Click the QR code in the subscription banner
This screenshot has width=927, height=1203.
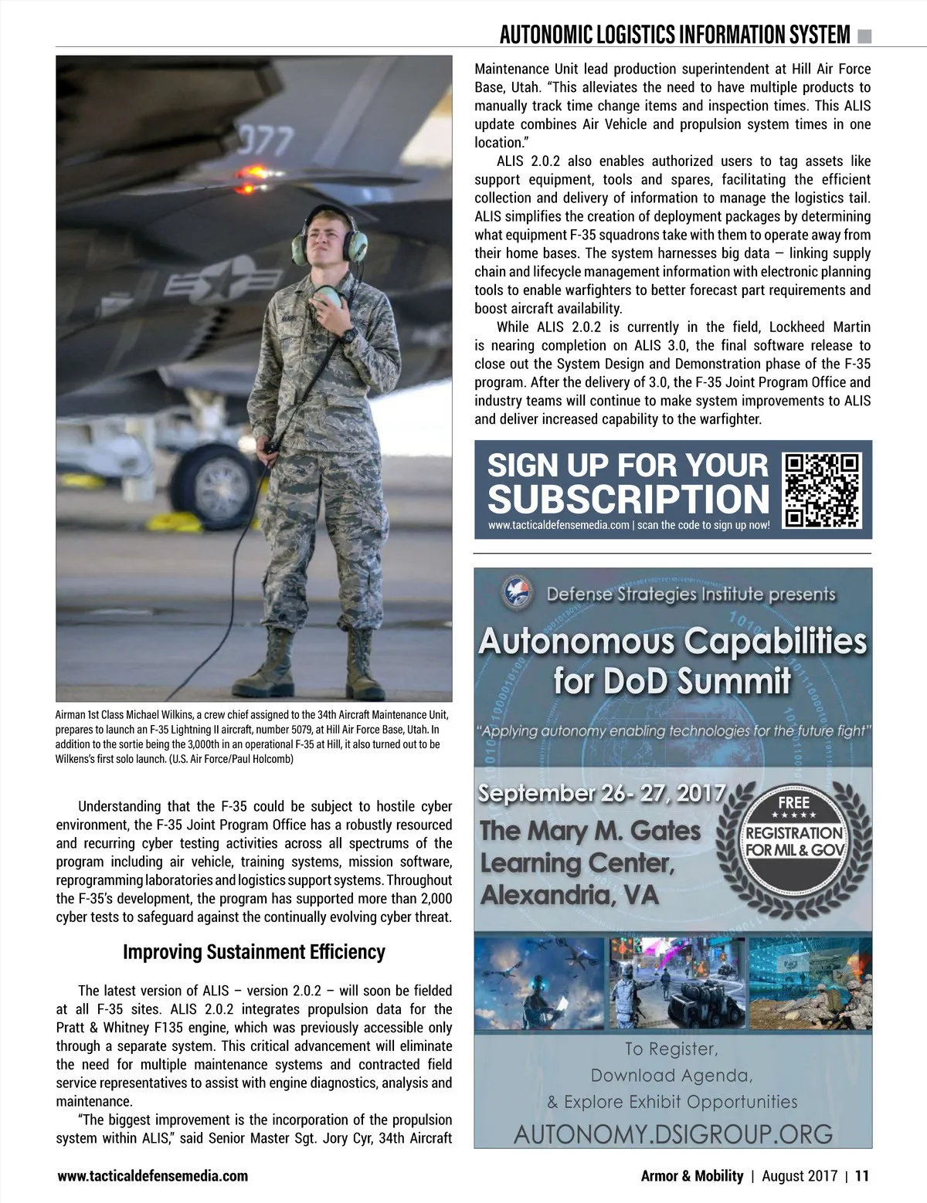(823, 490)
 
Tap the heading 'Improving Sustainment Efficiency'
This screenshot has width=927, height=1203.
(253, 952)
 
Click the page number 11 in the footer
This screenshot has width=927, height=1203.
(862, 1176)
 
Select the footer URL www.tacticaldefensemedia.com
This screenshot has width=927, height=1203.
(153, 1176)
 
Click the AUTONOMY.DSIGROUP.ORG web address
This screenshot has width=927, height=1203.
(673, 1134)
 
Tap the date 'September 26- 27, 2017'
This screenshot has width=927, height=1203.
(603, 793)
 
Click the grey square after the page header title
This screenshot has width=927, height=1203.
(864, 35)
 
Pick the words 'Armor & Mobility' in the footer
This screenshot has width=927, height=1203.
(692, 1176)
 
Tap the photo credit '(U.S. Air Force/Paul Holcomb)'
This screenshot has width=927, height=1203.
(231, 758)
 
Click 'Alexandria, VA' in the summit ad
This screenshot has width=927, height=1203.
(570, 895)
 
